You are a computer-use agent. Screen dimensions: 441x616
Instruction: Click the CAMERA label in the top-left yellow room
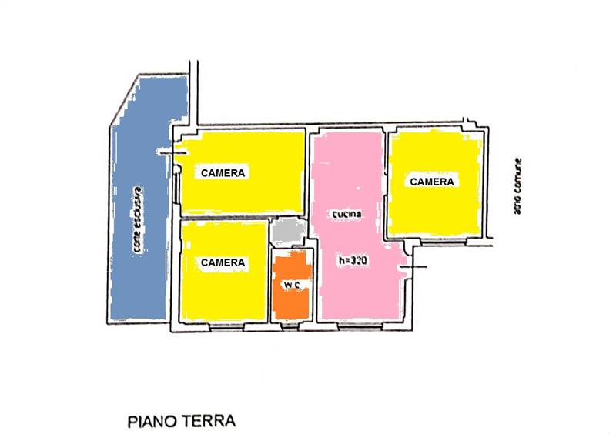[223, 173]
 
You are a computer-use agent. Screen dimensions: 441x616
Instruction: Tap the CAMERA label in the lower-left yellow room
[223, 262]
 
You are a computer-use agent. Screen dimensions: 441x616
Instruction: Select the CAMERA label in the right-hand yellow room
[431, 182]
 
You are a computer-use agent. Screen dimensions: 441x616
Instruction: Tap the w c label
[291, 286]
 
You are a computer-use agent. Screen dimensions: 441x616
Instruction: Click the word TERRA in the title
[208, 422]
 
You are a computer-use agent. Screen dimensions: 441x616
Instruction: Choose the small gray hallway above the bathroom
[290, 231]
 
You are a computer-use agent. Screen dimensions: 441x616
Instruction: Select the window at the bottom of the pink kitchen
[360, 326]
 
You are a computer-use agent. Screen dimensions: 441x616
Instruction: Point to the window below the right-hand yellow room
[447, 242]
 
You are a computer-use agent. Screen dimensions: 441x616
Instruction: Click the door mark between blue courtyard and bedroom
[174, 152]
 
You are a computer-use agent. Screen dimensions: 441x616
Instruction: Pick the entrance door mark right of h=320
[413, 266]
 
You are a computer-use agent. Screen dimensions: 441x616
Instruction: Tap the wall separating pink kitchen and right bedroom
[386, 185]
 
